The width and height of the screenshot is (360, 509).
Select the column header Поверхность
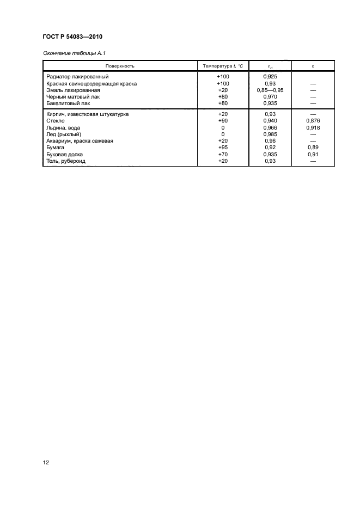pyautogui.click(x=120, y=66)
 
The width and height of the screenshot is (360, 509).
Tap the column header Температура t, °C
pyautogui.click(x=223, y=66)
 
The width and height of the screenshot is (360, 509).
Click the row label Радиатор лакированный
pyautogui.click(x=78, y=77)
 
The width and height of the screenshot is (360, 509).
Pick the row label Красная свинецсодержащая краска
pyautogui.click(x=91, y=83)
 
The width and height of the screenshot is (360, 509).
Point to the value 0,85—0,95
pyautogui.click(x=270, y=90)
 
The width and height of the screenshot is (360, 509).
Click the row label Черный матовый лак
pyautogui.click(x=74, y=96)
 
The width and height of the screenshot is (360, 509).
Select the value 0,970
pyautogui.click(x=270, y=96)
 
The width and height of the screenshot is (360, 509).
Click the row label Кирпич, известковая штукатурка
pyautogui.click(x=91, y=114)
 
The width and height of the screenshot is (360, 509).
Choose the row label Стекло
pyautogui.click(x=56, y=121)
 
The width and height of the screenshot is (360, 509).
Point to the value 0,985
pyautogui.click(x=270, y=134)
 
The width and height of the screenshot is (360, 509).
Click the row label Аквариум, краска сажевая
pyautogui.click(x=80, y=141)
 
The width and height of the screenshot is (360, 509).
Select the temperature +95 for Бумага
pyautogui.click(x=223, y=148)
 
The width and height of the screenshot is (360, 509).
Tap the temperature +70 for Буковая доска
pyautogui.click(x=223, y=154)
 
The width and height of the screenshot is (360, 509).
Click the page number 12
pyautogui.click(x=46, y=463)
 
